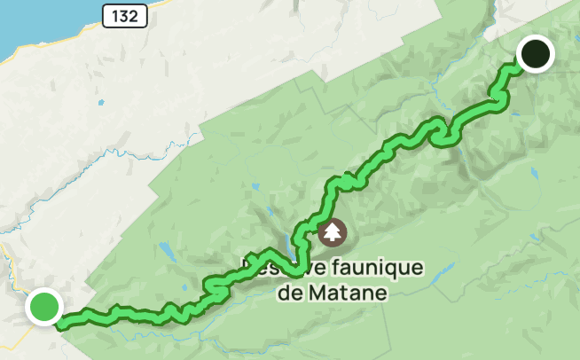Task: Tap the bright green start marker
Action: [x=43, y=307]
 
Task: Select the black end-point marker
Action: [x=535, y=53]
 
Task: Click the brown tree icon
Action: [x=333, y=233]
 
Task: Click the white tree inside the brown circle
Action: [x=333, y=233]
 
